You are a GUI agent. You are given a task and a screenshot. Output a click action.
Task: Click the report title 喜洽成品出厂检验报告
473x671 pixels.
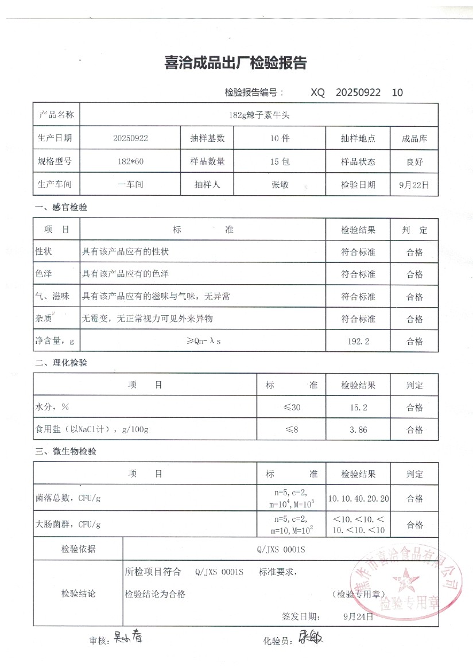click(235, 63)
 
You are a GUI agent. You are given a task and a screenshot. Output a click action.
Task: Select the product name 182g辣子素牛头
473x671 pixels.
click(259, 115)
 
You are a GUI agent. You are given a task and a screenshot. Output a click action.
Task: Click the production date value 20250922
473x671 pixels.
click(131, 138)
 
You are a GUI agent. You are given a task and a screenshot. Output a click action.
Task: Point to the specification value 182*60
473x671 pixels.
click(131, 162)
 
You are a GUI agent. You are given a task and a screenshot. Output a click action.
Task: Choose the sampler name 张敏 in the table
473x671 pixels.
click(280, 185)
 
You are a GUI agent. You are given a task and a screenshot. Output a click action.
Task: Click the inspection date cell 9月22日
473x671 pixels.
click(414, 185)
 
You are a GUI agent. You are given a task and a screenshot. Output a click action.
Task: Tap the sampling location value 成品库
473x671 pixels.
click(414, 138)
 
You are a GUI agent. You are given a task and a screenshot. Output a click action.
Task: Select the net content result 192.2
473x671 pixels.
click(358, 341)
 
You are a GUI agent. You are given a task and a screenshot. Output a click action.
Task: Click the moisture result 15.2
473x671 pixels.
click(358, 408)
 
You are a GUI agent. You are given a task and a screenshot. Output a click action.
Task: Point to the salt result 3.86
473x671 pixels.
click(358, 429)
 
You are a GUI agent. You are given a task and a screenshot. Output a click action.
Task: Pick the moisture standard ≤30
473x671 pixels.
click(291, 408)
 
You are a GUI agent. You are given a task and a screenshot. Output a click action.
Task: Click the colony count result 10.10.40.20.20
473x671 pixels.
click(358, 498)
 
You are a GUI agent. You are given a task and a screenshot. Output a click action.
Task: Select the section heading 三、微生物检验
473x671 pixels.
click(65, 452)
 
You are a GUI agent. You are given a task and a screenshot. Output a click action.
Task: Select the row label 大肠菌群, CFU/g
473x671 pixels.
click(68, 525)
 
